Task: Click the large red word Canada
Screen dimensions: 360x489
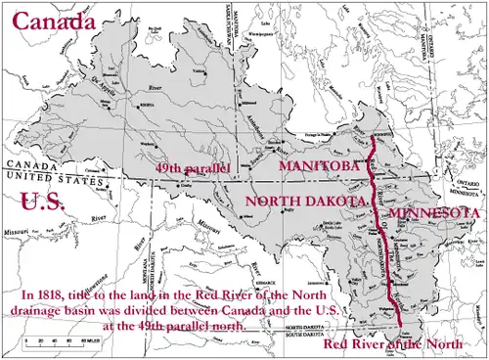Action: (x=54, y=21)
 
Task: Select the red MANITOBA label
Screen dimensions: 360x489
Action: (x=321, y=167)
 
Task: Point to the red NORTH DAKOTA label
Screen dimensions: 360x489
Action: (x=306, y=200)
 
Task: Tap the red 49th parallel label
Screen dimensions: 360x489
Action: (x=193, y=168)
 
